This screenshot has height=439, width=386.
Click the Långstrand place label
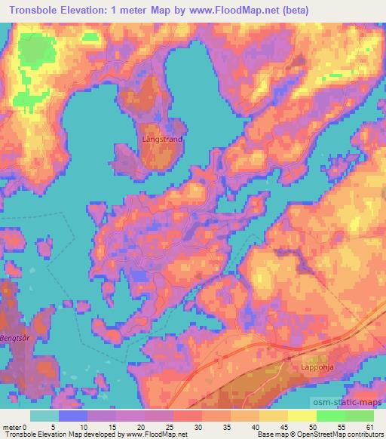(x=162, y=140)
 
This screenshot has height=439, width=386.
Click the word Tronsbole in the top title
(x=35, y=8)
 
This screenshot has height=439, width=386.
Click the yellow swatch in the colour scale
(x=302, y=416)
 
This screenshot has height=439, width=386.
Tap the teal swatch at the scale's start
(x=44, y=416)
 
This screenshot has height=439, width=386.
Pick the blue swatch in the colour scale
(x=73, y=416)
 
